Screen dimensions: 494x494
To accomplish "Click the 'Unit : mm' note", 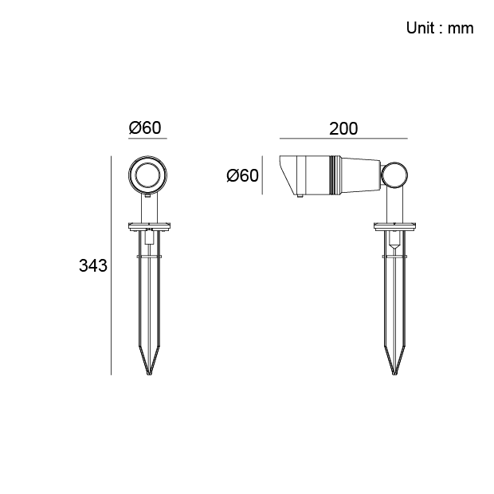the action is pos(440,28).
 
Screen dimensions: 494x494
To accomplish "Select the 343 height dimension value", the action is pos(93,265).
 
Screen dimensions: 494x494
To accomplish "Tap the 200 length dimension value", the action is pos(343,128).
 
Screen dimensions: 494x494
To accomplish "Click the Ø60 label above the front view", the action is pos(145,127).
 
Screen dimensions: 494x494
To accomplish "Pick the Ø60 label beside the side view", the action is pos(242,175).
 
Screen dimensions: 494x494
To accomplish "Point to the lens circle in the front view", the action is pos(147,163).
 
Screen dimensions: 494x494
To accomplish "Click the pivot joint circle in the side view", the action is pos(394,163).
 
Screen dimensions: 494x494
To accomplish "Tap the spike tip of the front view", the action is pos(149,374).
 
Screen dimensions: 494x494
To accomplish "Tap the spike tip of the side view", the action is pos(394,374).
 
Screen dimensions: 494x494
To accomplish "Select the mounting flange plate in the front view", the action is pos(149,226).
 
